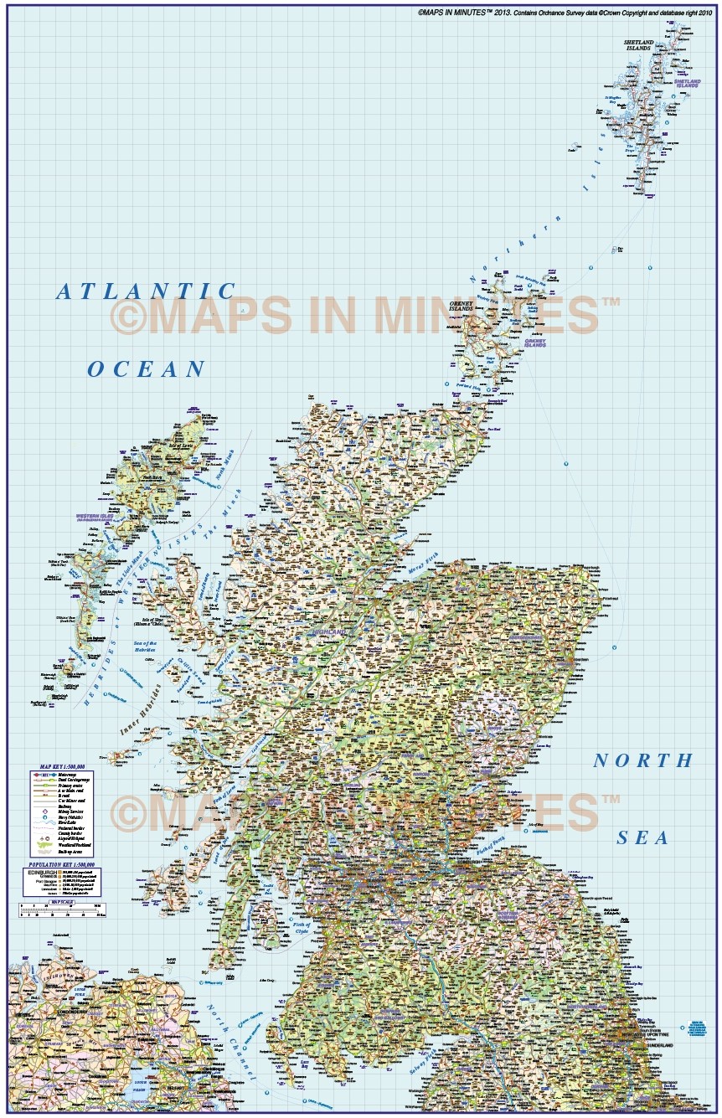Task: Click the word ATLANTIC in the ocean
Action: pyautogui.click(x=147, y=291)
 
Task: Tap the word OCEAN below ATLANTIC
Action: pyautogui.click(x=147, y=368)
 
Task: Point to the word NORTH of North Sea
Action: pyautogui.click(x=643, y=760)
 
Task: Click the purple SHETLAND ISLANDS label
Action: pyautogui.click(x=687, y=83)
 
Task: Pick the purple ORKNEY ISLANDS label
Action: pyautogui.click(x=534, y=343)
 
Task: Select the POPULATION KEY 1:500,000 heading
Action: pyautogui.click(x=61, y=863)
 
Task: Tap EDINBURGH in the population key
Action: pyautogui.click(x=41, y=871)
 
